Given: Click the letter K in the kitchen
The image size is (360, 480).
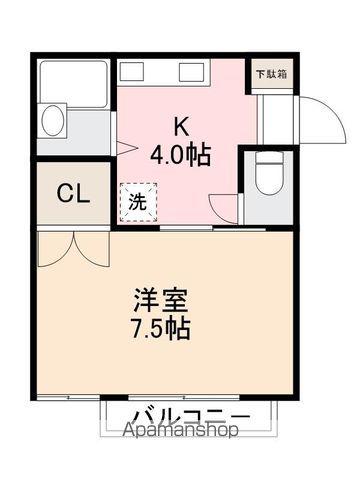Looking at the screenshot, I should [x=182, y=126].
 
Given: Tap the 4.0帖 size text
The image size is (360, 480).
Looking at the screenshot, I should [x=181, y=155].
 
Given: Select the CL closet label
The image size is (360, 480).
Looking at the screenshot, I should [x=73, y=192].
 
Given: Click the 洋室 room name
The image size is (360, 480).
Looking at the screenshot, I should [x=163, y=300].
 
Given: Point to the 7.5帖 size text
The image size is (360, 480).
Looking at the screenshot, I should [x=162, y=327].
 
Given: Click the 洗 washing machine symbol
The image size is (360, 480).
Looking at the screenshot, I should [x=138, y=200].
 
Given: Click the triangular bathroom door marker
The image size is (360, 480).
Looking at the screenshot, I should [x=124, y=149].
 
